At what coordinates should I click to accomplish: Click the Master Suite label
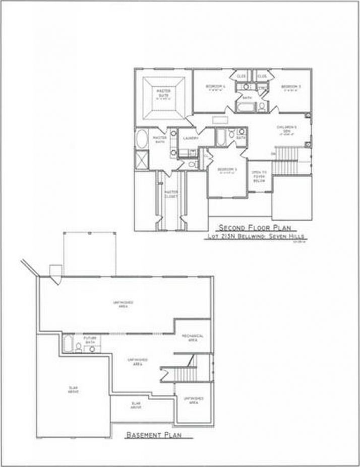(163, 93)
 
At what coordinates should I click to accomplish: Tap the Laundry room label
(190, 138)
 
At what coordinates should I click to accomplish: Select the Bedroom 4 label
(216, 87)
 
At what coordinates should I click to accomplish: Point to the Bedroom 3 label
(291, 87)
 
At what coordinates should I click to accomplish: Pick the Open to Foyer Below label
(259, 176)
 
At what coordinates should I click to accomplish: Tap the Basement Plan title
(153, 434)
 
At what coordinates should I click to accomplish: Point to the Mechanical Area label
(193, 338)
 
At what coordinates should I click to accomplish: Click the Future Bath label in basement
(90, 340)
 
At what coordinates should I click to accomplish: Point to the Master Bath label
(160, 140)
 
